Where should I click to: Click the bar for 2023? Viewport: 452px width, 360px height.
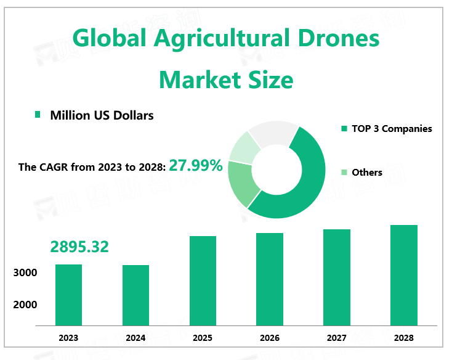[x=68, y=295]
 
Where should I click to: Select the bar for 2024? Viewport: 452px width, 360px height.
[x=135, y=295]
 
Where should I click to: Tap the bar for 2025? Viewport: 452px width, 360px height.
[x=203, y=280]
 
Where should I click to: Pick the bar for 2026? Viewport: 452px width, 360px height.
[x=270, y=279]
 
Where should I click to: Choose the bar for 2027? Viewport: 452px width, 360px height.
[x=337, y=277]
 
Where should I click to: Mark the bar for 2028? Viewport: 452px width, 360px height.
[x=404, y=275]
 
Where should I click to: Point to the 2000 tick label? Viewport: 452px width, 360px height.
[x=26, y=305]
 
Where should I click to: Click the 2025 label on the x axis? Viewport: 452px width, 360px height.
[x=203, y=338]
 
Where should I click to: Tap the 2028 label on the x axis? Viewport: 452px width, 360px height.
[x=404, y=338]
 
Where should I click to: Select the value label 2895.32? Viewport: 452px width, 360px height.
[x=79, y=247]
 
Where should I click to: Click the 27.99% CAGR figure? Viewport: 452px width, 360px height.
[x=196, y=165]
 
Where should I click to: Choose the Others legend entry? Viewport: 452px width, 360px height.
[x=367, y=173]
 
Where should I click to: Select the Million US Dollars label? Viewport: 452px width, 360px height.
[x=102, y=115]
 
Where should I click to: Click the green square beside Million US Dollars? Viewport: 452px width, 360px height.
[x=38, y=115]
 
